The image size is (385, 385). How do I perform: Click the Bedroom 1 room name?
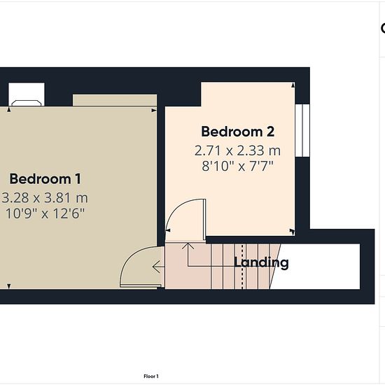pyautogui.click(x=45, y=179)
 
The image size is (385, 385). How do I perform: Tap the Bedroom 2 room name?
pyautogui.click(x=238, y=132)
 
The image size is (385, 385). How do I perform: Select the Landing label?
pyautogui.click(x=261, y=262)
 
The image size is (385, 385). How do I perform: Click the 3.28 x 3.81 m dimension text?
pyautogui.click(x=45, y=198)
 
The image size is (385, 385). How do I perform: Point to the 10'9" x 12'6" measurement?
pyautogui.click(x=45, y=213)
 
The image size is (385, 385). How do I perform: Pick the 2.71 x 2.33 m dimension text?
pyautogui.click(x=237, y=150)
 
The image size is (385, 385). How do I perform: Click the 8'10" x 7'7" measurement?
pyautogui.click(x=237, y=166)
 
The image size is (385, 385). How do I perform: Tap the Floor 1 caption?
pyautogui.click(x=151, y=376)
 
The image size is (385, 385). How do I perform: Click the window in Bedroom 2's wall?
pyautogui.click(x=302, y=130)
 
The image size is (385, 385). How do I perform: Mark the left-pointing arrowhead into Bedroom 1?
pyautogui.click(x=156, y=267)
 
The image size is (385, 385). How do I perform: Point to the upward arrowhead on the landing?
pyautogui.click(x=188, y=246)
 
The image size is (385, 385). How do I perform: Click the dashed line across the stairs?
pyautogui.click(x=242, y=267)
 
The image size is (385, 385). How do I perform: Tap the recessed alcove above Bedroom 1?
pyautogui.click(x=115, y=100)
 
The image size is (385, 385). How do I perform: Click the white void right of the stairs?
pyautogui.click(x=316, y=267)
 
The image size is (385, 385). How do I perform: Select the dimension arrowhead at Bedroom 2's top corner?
pyautogui.click(x=293, y=85)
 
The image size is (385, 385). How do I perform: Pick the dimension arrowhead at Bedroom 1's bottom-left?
pyautogui.click(x=9, y=286)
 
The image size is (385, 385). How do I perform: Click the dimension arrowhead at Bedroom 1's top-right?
pyautogui.click(x=154, y=111)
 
